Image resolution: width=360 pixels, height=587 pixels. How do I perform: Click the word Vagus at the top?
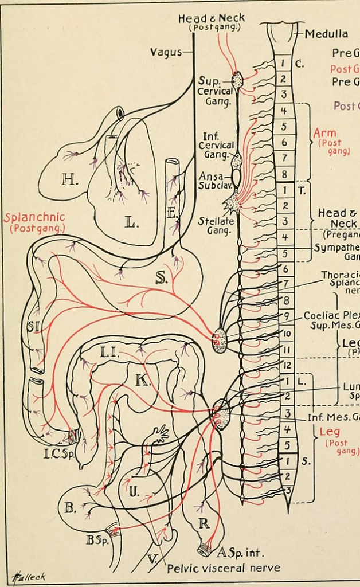click(x=165, y=52)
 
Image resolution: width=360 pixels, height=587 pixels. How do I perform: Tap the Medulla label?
click(x=326, y=34)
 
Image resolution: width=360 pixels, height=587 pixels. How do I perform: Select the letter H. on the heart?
click(x=70, y=180)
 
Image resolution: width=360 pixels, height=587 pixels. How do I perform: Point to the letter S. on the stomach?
click(x=161, y=279)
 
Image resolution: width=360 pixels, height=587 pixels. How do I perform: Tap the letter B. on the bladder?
click(x=71, y=508)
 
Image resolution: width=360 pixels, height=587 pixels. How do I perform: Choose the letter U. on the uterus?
click(x=133, y=491)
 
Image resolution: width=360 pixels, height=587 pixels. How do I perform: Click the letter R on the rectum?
click(x=204, y=523)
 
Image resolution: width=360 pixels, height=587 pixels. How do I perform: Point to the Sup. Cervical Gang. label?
click(x=215, y=91)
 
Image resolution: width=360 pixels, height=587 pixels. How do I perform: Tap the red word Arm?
click(x=324, y=133)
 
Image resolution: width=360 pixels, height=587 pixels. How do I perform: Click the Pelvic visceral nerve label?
click(x=223, y=568)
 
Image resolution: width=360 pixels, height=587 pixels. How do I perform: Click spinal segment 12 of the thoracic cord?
click(x=287, y=365)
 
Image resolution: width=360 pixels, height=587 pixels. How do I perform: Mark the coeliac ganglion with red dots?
click(x=219, y=340)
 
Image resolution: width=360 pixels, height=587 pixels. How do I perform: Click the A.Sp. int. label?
click(x=240, y=553)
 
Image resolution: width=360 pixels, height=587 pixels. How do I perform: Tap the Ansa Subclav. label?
click(x=210, y=181)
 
